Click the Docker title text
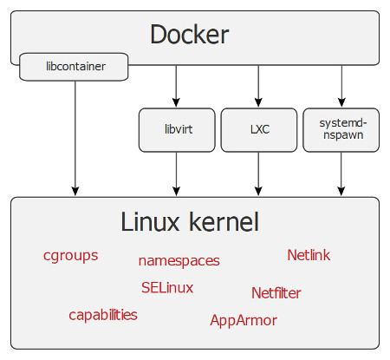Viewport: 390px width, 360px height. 190,35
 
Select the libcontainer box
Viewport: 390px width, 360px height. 74,67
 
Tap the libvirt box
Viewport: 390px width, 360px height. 177,130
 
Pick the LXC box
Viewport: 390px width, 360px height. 259,130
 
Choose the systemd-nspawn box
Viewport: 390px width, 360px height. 341,130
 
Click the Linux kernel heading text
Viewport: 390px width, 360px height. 190,222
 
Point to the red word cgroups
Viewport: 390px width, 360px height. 71,256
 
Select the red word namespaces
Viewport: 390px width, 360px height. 179,261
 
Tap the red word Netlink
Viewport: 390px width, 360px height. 309,255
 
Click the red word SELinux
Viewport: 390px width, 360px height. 167,288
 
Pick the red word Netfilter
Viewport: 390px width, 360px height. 276,293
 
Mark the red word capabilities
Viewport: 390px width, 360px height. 103,315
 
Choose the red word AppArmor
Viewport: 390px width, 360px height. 244,321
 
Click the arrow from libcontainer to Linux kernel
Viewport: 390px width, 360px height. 75,138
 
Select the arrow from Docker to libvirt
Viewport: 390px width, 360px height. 176,86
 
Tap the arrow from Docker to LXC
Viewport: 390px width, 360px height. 258,86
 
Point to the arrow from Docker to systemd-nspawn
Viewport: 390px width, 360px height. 341,86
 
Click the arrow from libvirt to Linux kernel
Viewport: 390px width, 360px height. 176,173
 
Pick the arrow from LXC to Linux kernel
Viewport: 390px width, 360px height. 258,173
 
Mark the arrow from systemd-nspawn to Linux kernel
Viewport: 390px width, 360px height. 341,173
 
